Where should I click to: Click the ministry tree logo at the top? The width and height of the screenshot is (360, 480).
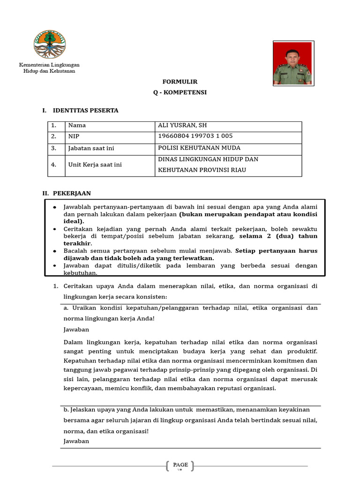point(49,44)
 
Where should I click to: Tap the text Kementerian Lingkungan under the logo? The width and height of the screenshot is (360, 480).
point(49,64)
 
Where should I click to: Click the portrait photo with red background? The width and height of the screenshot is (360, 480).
point(292,63)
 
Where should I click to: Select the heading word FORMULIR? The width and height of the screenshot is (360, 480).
point(180,82)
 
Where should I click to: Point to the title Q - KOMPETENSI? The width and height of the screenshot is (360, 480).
point(180,92)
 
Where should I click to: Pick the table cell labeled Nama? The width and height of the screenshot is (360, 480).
point(77,126)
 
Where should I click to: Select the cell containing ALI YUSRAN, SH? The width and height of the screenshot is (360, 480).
point(183,126)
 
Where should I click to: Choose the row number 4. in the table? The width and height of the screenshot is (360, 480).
point(54,165)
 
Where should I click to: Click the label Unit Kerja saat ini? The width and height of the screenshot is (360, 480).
point(95,165)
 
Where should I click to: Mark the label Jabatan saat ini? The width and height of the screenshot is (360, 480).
point(91,148)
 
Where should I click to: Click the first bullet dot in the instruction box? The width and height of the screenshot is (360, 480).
point(55,207)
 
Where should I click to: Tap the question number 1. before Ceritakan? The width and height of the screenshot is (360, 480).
point(54,286)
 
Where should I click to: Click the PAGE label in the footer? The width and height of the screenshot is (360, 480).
point(180,465)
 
